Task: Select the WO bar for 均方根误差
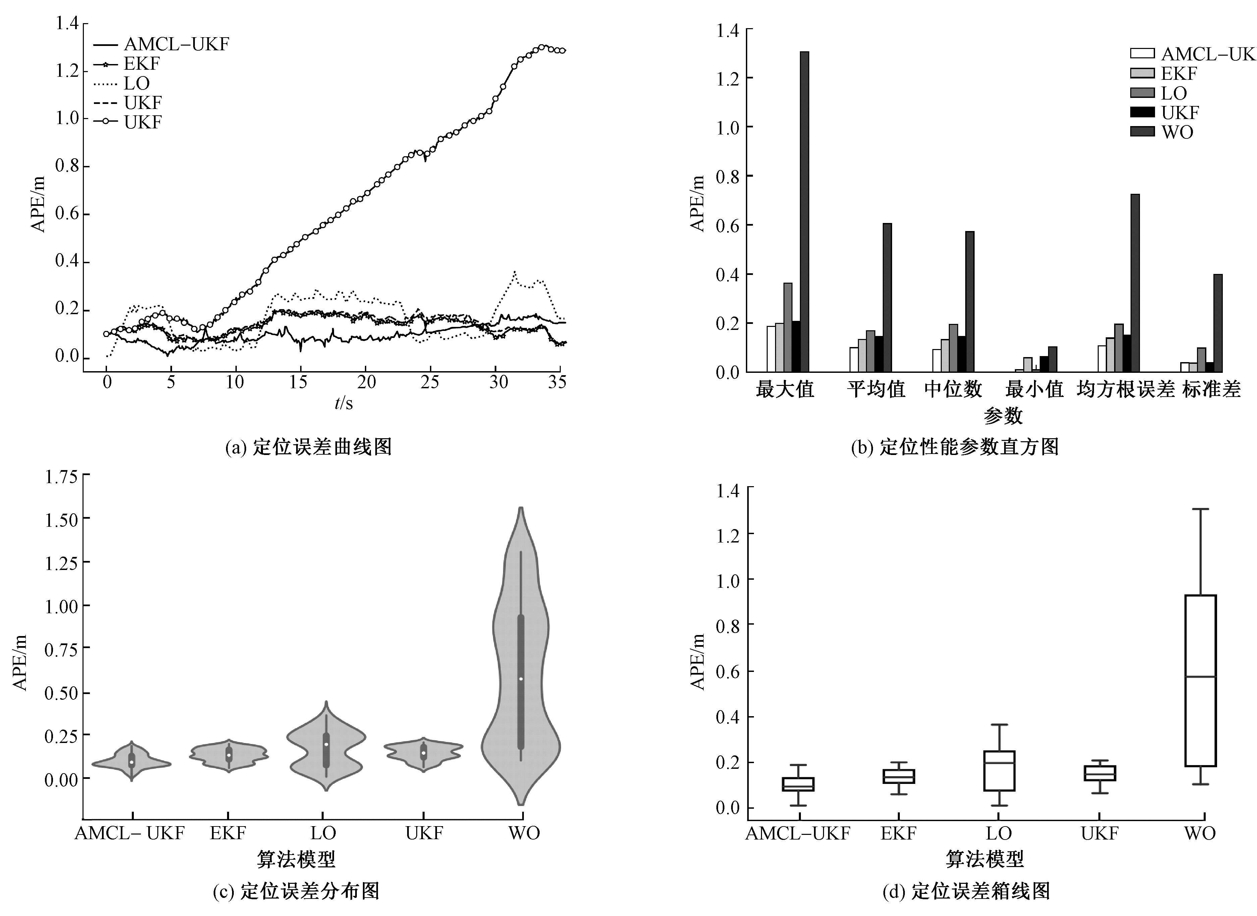point(1135,283)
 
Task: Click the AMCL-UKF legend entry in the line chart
point(161,44)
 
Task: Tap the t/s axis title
point(344,403)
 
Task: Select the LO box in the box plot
point(999,771)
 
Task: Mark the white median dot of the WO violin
point(521,679)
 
